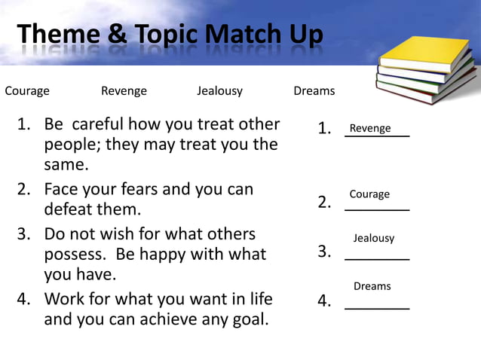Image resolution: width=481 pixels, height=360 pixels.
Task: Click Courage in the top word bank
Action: (x=27, y=91)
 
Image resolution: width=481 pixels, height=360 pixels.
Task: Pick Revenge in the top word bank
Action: (x=124, y=91)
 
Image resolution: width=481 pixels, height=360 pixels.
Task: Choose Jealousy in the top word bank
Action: (x=219, y=91)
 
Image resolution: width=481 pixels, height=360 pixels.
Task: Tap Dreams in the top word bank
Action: (x=314, y=91)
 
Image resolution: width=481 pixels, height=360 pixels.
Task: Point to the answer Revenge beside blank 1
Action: (x=370, y=129)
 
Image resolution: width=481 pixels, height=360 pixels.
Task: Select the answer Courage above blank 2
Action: (x=369, y=194)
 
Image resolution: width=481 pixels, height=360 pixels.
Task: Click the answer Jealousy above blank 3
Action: (x=374, y=238)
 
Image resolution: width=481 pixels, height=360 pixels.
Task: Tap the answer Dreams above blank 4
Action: (x=372, y=286)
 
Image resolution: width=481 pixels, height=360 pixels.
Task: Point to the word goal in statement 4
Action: (x=249, y=319)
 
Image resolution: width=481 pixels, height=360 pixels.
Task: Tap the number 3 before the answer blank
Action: (x=324, y=252)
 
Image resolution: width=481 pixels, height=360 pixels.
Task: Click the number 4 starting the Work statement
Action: (x=24, y=299)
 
